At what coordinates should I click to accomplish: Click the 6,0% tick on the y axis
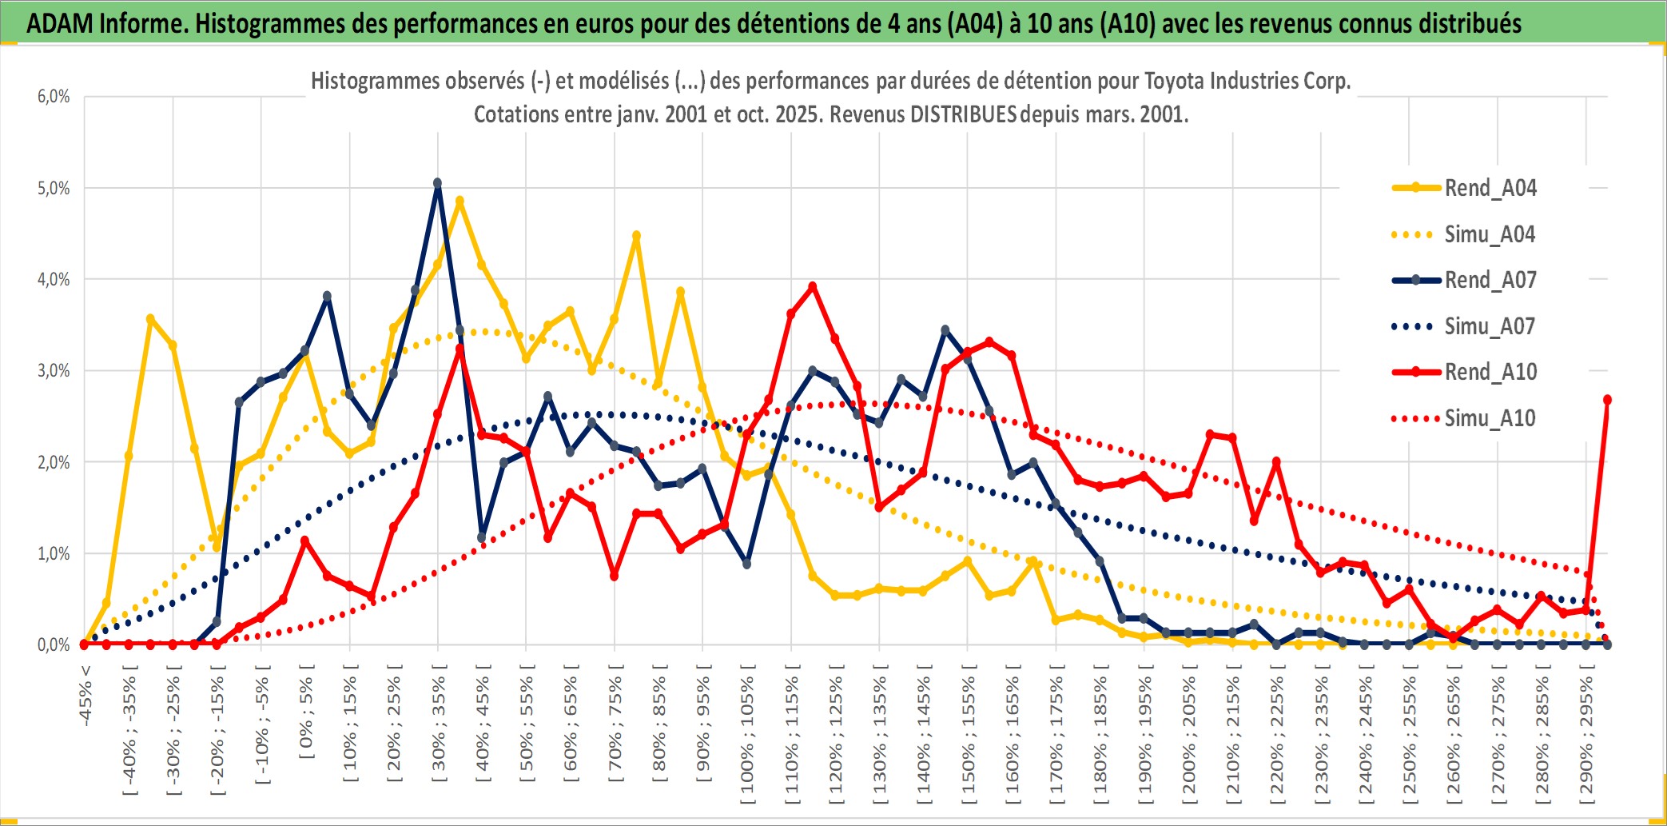coord(54,97)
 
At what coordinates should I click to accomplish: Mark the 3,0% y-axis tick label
coord(54,371)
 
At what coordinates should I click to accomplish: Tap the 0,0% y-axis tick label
coord(54,644)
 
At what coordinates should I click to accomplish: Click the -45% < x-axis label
coord(85,696)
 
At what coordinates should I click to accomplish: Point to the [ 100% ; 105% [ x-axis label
coord(747,736)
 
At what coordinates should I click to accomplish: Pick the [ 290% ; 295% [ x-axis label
coord(1586,736)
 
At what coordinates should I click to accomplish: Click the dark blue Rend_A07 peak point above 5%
coord(437,183)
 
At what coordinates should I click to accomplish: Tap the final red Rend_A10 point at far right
coord(1607,400)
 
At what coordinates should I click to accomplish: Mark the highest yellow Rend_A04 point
coord(460,201)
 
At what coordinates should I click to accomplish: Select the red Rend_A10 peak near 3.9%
coord(813,286)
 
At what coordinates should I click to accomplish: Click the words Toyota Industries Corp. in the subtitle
coord(1247,81)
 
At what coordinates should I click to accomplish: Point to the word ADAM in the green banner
coord(60,23)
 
